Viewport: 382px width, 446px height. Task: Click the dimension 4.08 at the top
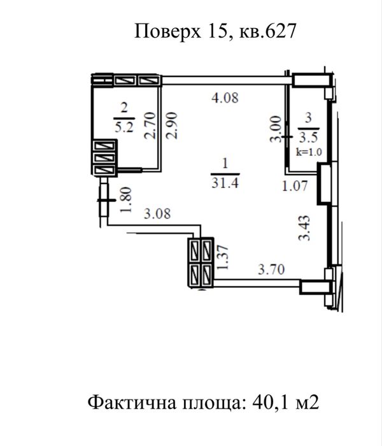[x=225, y=98]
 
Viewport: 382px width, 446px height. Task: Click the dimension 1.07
[x=295, y=186]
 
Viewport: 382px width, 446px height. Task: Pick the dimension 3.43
[x=305, y=228]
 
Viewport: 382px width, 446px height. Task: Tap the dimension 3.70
[x=270, y=270]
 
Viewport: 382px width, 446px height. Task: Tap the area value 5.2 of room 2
[x=124, y=126]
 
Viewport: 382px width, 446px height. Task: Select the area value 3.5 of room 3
[x=309, y=137]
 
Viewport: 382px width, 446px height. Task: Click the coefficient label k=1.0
[x=309, y=152]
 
